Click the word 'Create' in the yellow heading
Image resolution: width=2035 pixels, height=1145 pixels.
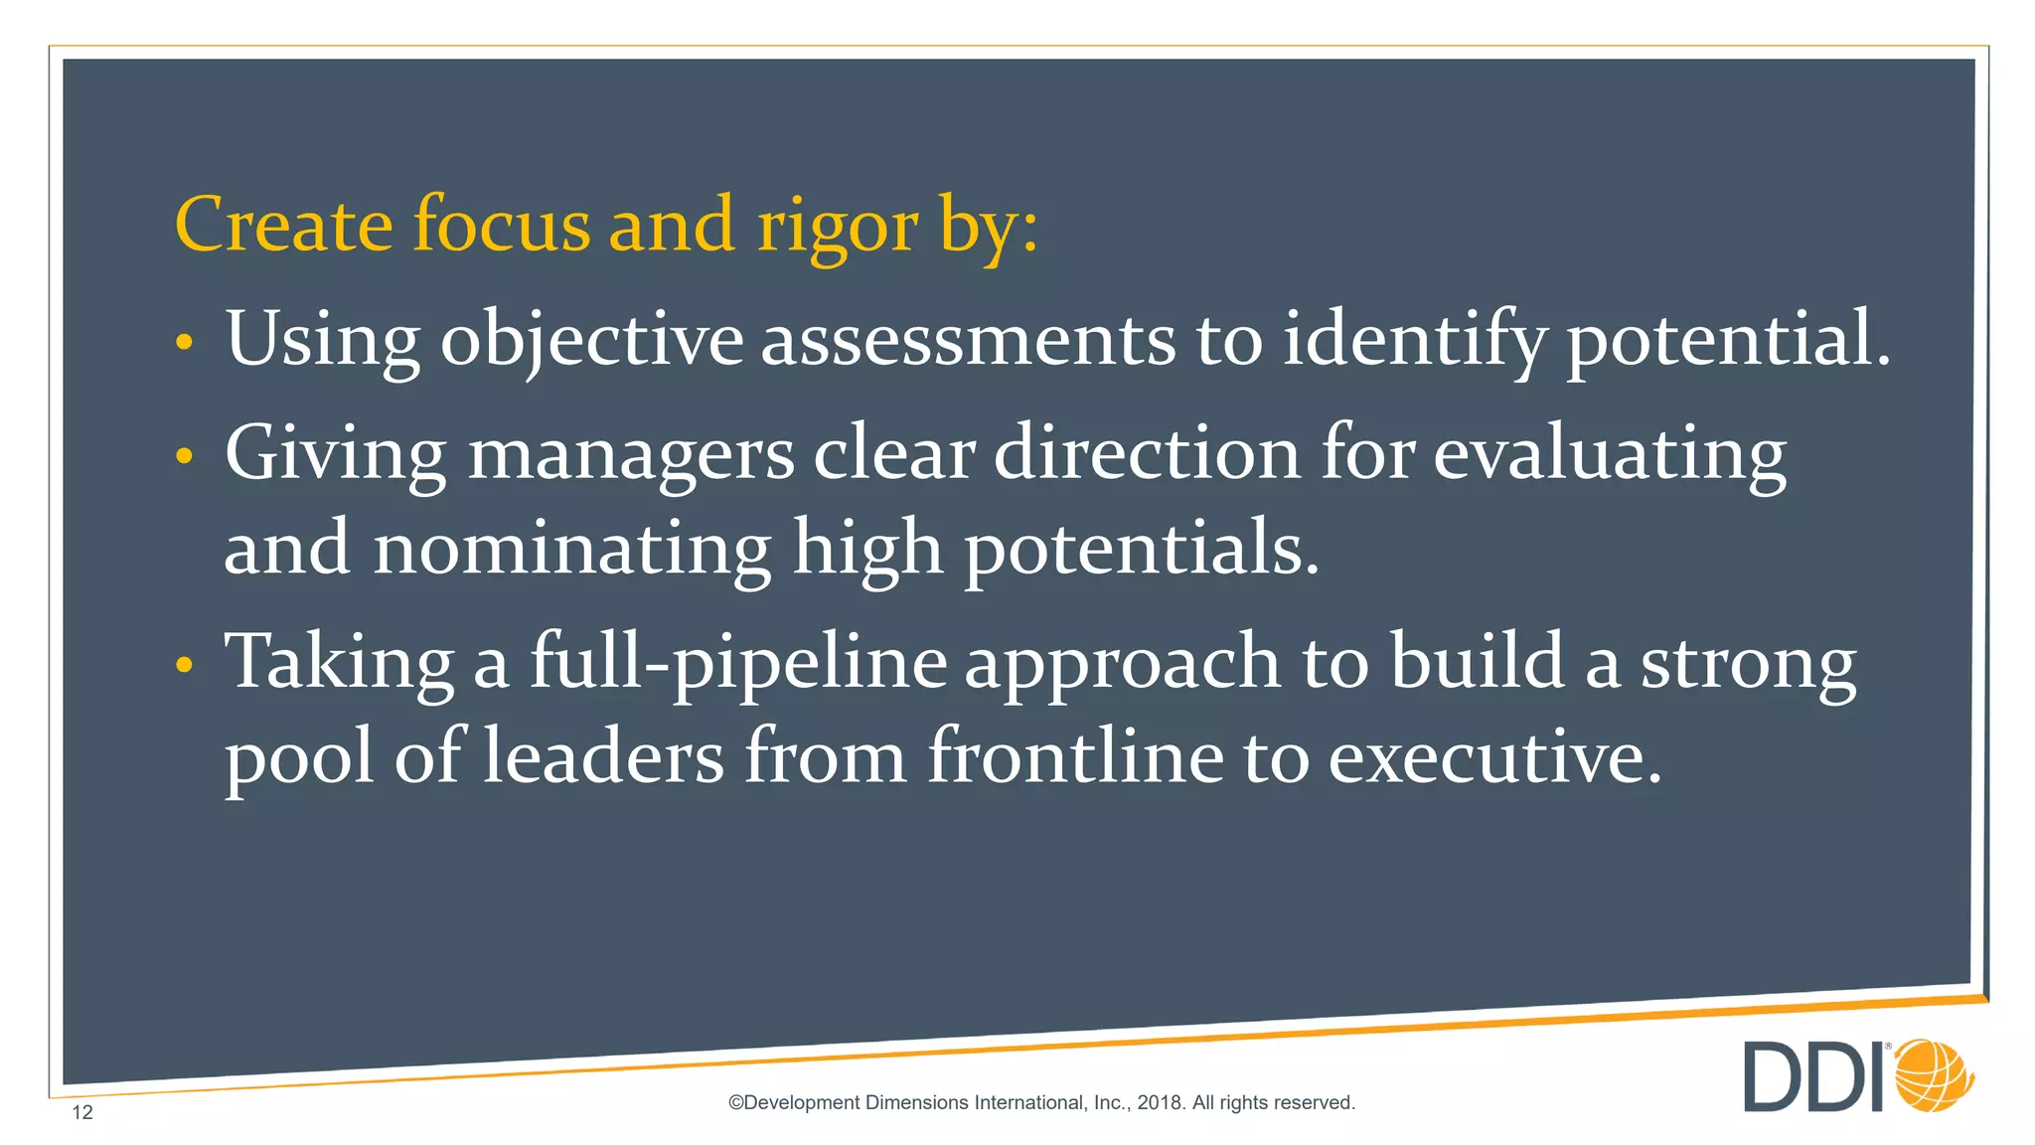tap(283, 225)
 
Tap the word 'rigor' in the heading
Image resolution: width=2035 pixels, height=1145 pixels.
tap(837, 227)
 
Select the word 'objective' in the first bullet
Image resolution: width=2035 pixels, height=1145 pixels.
tap(591, 340)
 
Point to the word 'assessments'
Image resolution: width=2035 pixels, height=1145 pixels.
tap(968, 340)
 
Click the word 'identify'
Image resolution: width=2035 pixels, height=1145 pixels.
tap(1414, 340)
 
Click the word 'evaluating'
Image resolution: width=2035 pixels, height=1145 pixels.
tap(1609, 454)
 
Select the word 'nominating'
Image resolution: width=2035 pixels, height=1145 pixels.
tap(571, 549)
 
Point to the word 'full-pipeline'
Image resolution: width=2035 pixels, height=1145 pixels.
tap(737, 663)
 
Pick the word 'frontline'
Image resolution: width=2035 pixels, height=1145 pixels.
tap(1075, 756)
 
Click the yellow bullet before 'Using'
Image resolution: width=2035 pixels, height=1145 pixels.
tap(184, 343)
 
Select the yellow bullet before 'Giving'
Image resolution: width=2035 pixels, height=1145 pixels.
tap(184, 457)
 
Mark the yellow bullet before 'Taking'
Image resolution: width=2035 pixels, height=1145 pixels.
tap(184, 666)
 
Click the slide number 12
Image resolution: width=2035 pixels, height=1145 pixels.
tap(82, 1112)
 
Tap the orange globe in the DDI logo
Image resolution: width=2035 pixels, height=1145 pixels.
tap(1934, 1075)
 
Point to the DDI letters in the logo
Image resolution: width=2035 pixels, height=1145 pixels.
tap(1814, 1076)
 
